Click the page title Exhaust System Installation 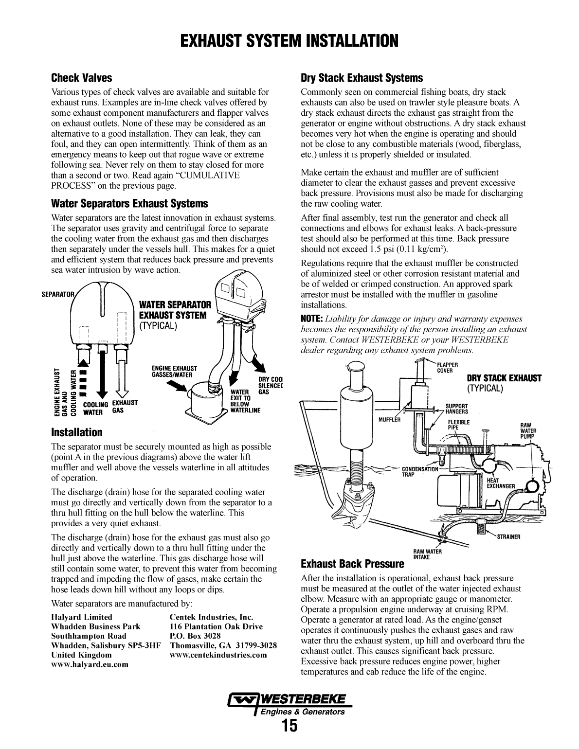click(289, 41)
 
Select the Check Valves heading click(81, 78)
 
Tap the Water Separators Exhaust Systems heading click(129, 203)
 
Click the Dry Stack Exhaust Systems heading click(362, 78)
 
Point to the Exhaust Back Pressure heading click(352, 564)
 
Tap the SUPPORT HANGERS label click(456, 409)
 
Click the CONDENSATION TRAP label click(419, 472)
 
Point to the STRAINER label click(508, 537)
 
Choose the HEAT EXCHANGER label click(501, 483)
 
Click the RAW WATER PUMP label click(528, 430)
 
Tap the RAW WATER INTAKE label click(427, 554)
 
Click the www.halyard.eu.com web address click(90, 664)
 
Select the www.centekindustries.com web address click(218, 655)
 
